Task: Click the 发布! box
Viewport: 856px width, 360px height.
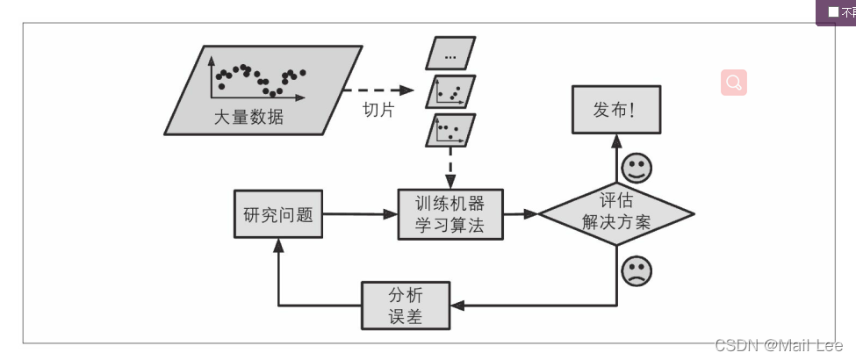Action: coord(615,109)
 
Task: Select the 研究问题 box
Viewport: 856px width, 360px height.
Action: coord(278,214)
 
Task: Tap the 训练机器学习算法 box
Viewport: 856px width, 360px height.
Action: coord(450,214)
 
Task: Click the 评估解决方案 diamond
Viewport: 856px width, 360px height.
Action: coord(616,213)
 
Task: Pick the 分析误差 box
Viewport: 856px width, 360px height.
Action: coord(406,306)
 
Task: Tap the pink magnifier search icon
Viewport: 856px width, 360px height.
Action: coord(734,83)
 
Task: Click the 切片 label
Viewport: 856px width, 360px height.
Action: coord(378,112)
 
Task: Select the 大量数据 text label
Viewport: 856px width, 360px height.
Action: coord(248,117)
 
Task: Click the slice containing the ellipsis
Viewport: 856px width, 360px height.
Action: coord(450,54)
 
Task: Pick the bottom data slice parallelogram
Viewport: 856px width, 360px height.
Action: coord(450,131)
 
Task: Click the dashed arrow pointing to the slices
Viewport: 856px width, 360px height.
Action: coord(378,90)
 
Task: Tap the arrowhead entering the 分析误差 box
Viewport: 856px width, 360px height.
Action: coord(457,306)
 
